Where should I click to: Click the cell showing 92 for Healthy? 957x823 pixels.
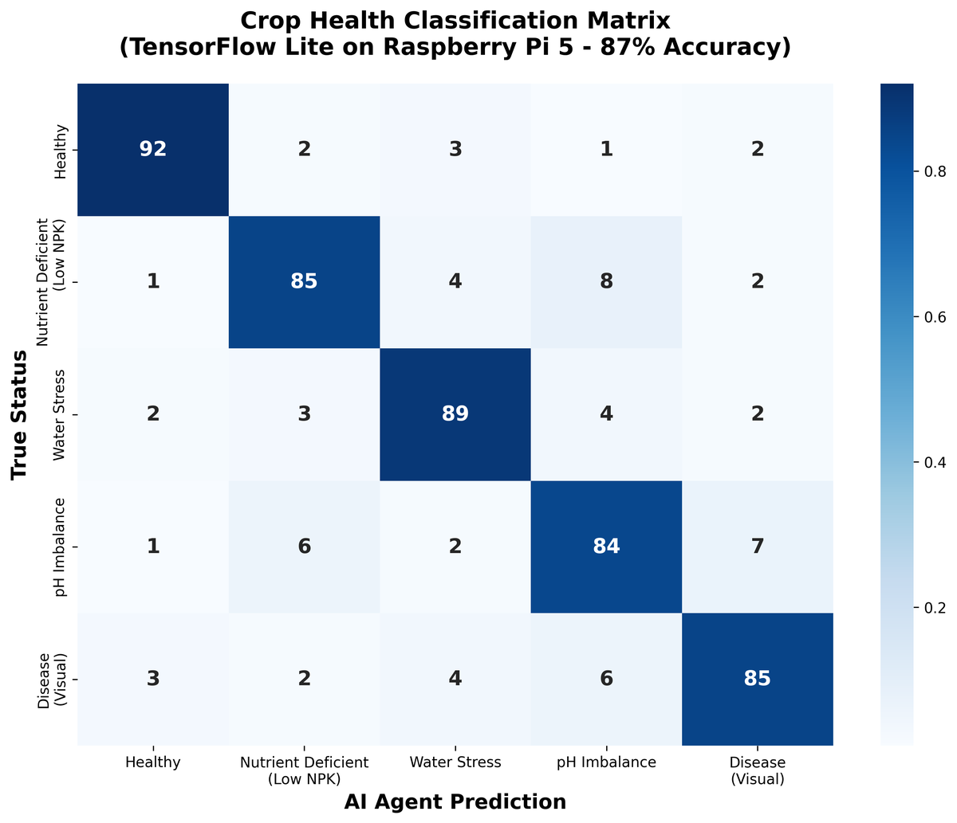[153, 150]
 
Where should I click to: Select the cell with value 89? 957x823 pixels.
[455, 414]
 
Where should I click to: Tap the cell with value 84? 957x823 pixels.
[607, 547]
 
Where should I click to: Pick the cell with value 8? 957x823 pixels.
[607, 282]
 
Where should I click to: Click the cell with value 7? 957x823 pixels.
[758, 547]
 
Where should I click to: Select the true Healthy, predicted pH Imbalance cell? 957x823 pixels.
[607, 150]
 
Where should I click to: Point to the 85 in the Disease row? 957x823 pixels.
[758, 679]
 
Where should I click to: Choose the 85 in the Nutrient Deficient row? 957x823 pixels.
[304, 282]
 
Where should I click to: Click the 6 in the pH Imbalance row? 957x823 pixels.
[304, 547]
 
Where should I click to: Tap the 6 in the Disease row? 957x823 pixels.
[607, 679]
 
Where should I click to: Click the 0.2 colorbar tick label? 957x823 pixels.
[935, 608]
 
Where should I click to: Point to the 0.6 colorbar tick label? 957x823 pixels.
[935, 317]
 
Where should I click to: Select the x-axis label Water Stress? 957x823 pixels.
[455, 762]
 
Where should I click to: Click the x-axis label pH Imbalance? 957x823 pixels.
[607, 762]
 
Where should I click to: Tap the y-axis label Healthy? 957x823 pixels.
[61, 151]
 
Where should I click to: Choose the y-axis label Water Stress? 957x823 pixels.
[59, 415]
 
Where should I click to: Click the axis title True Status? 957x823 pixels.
[19, 415]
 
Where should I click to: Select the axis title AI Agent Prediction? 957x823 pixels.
[455, 802]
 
